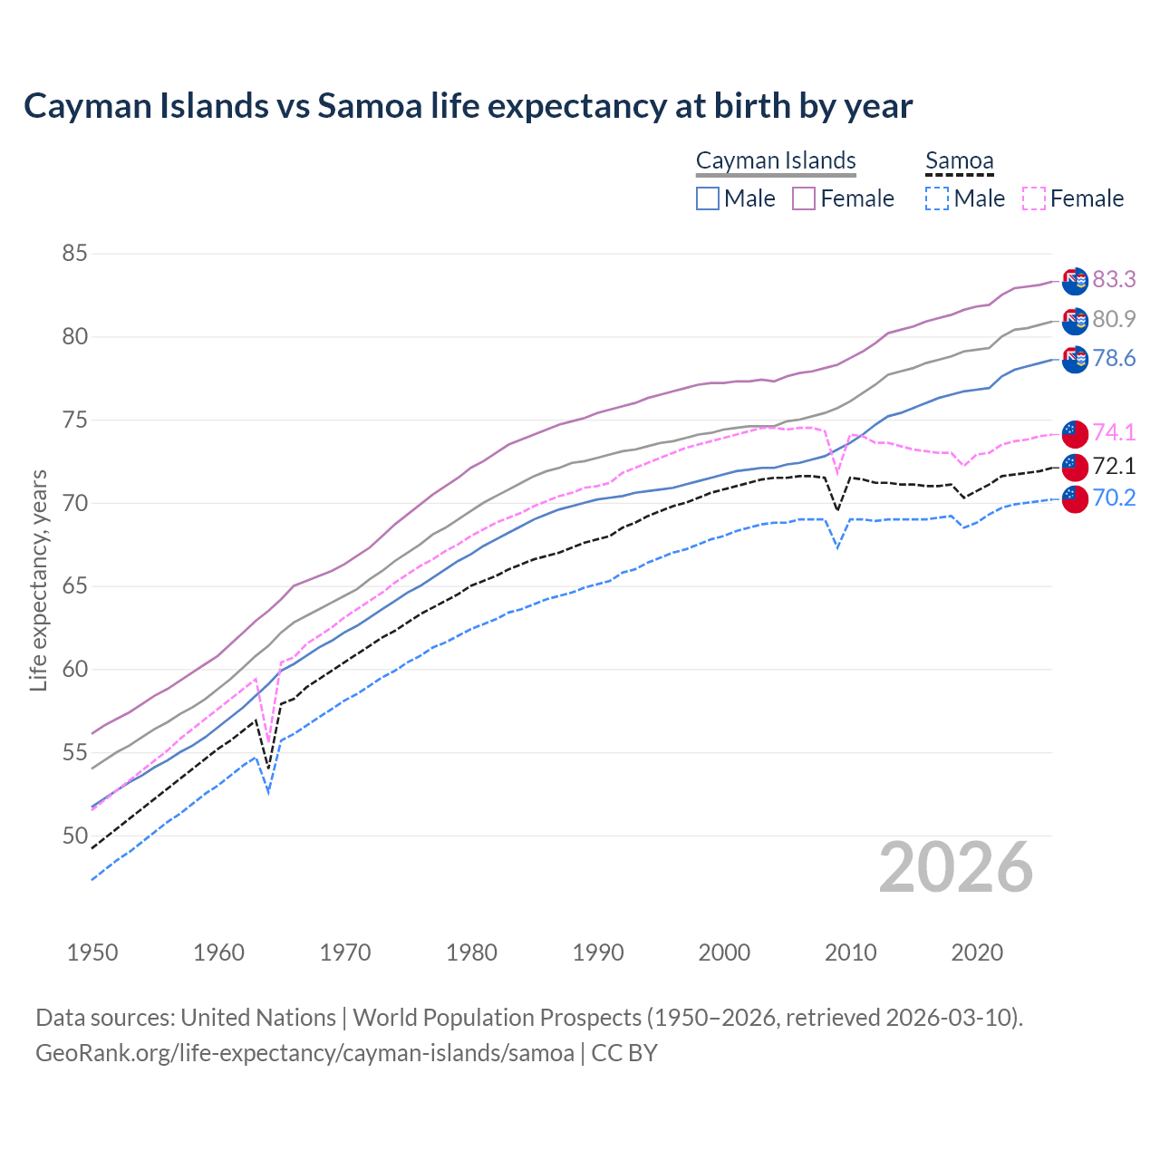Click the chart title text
pos(468,106)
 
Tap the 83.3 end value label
pos(1114,279)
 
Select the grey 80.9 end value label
pos(1114,319)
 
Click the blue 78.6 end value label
pos(1114,359)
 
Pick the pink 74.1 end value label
pos(1114,432)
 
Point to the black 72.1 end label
pos(1114,466)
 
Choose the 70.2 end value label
pos(1114,498)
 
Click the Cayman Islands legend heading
pos(776,160)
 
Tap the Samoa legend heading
pos(959,160)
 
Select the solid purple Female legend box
pos(804,198)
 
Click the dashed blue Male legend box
pos(937,198)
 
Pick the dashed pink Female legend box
pos(1034,198)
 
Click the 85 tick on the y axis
pos(74,254)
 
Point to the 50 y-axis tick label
pos(74,836)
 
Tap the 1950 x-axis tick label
pos(92,952)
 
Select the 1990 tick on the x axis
pos(598,952)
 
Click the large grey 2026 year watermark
pos(956,867)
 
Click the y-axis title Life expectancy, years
pos(38,580)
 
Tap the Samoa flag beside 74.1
pos(1074,433)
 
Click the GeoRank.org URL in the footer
pos(304,1053)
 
